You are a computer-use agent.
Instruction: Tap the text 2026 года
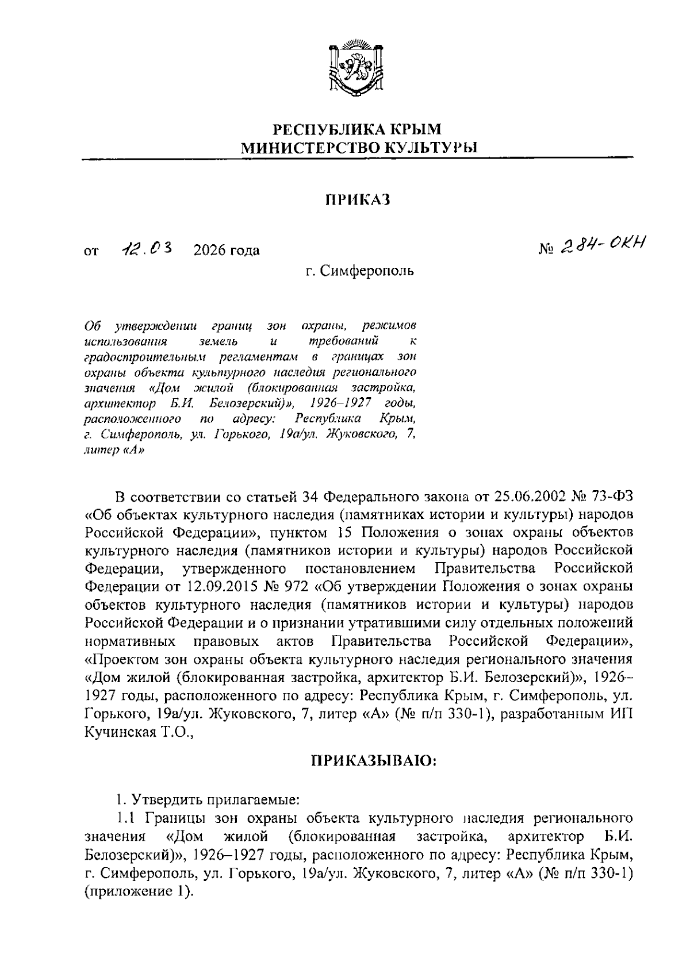click(227, 251)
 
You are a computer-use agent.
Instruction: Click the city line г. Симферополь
click(359, 270)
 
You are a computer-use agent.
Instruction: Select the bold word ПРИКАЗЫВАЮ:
click(374, 761)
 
